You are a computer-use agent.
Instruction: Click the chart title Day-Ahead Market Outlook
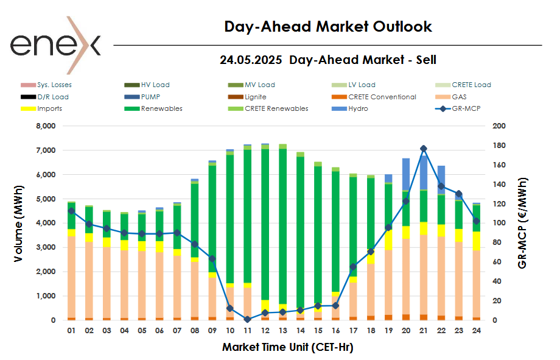328,27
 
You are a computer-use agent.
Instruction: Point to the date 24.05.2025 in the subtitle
251,60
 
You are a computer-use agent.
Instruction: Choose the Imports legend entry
49,109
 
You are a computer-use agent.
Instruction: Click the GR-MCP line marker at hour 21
424,149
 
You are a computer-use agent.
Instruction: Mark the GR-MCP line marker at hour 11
247,319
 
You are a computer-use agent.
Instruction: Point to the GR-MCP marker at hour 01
71,211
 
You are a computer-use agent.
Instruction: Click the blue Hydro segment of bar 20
406,174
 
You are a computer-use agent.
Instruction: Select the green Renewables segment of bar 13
282,225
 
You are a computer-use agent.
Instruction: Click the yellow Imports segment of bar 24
477,241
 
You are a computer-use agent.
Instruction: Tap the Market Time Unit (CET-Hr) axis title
287,347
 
